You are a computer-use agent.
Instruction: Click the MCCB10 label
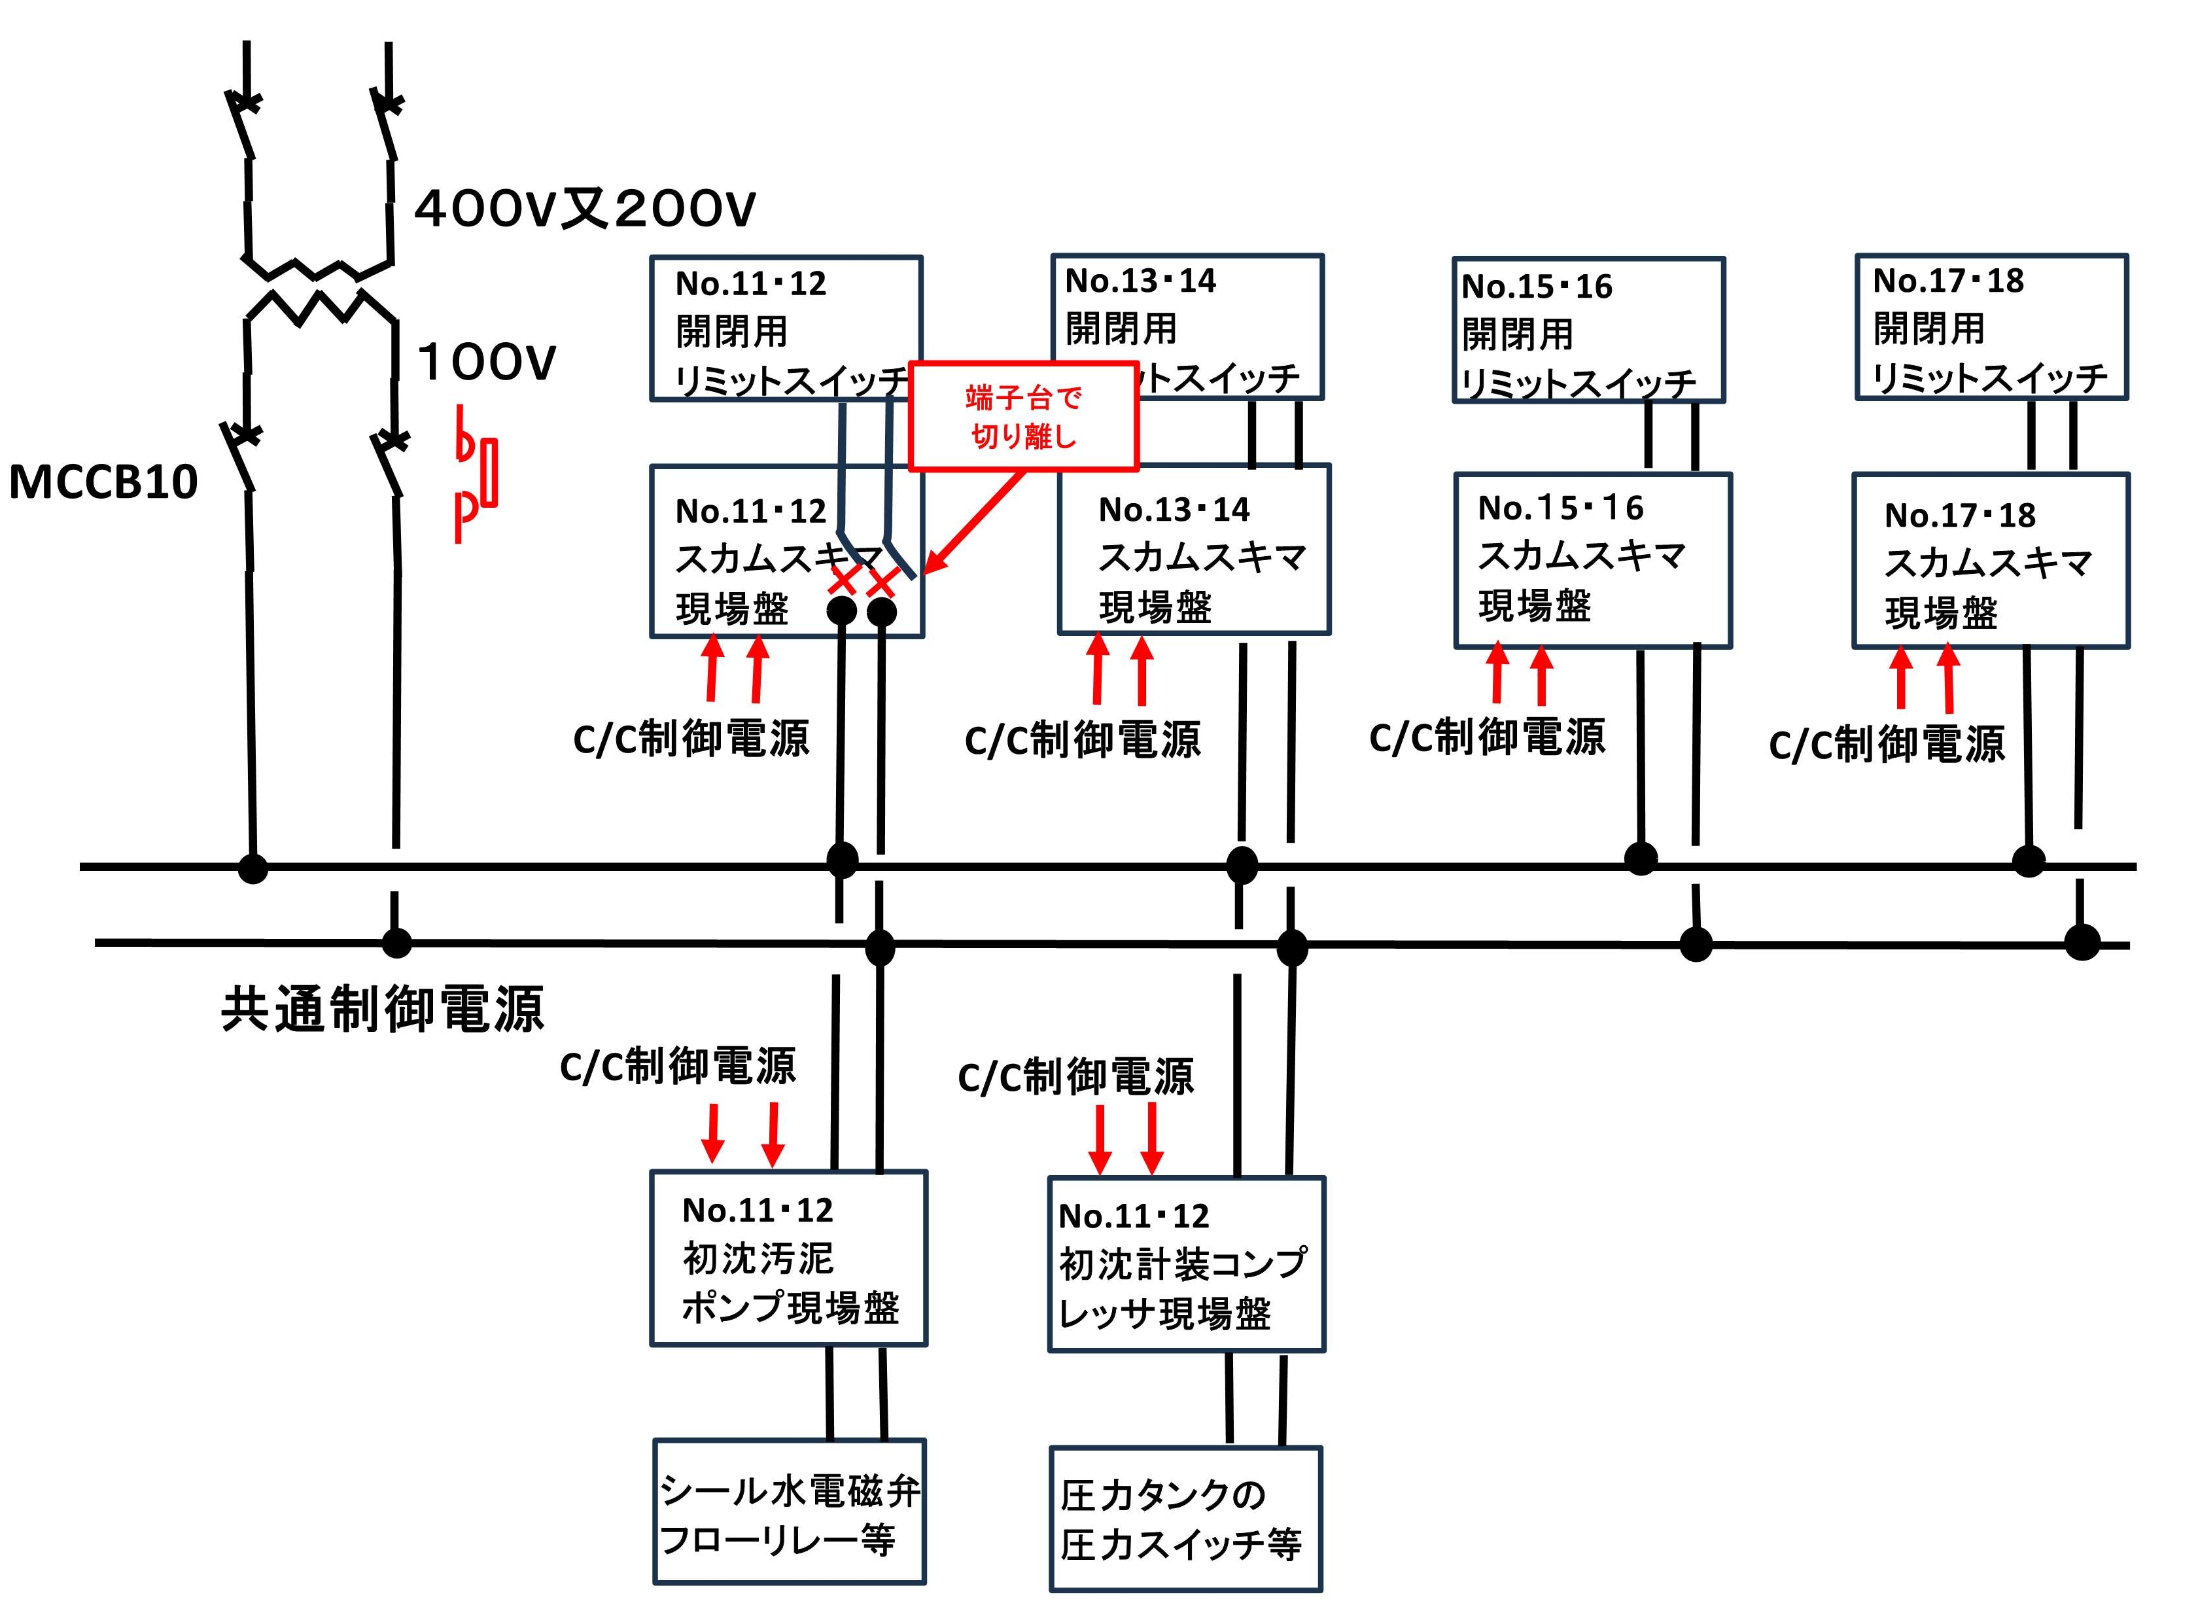[103, 482]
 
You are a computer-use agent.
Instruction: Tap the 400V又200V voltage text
[585, 209]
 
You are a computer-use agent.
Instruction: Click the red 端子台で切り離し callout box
[1023, 416]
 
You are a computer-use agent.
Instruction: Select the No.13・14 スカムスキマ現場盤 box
[1194, 550]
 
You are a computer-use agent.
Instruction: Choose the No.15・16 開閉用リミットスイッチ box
[1588, 330]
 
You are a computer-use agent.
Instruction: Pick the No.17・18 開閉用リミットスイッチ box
[1991, 327]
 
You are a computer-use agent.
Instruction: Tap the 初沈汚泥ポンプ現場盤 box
[788, 1258]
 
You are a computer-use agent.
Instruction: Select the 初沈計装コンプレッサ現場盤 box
[1186, 1264]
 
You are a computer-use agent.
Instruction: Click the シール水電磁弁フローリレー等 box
[789, 1512]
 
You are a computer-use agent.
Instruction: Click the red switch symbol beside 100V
[476, 473]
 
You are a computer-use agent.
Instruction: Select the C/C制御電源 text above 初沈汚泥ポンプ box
[677, 1067]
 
